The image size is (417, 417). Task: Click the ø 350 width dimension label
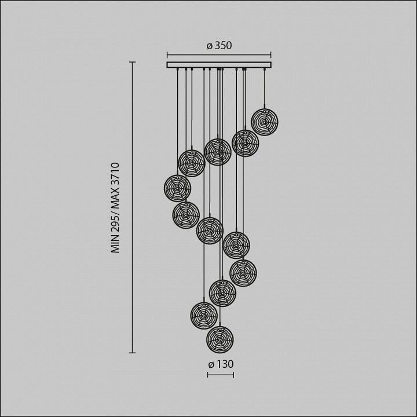[x=219, y=46]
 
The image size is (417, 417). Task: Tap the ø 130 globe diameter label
[x=221, y=364]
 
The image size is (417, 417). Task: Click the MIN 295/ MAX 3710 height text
[x=115, y=208]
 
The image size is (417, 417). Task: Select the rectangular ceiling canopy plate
[x=219, y=65]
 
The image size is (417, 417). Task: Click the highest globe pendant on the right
[x=264, y=122]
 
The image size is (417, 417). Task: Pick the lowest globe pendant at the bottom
[x=220, y=339]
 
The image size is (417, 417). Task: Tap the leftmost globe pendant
[x=177, y=188]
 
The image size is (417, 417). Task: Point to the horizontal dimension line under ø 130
[x=221, y=375]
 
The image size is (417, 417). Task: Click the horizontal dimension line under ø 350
[x=219, y=55]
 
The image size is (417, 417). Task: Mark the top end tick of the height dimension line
[x=133, y=62]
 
